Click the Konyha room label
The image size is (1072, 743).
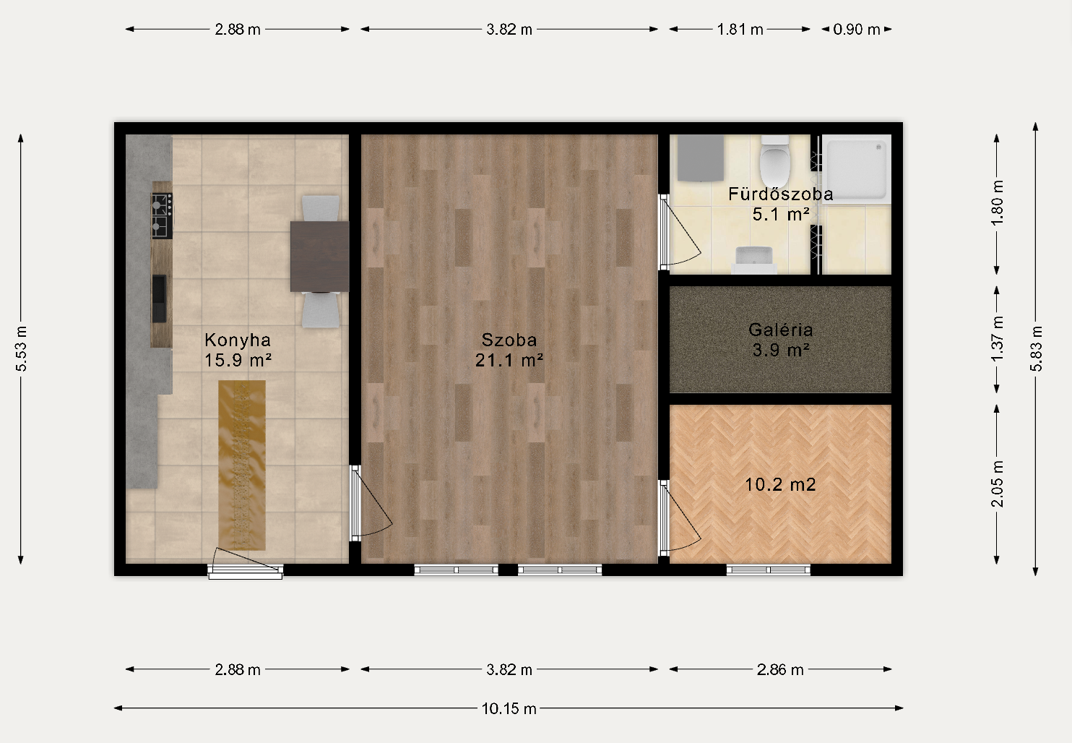click(x=238, y=340)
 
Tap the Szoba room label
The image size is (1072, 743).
click(x=509, y=340)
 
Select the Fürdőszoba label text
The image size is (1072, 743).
click(x=781, y=194)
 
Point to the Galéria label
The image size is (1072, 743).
click(x=781, y=330)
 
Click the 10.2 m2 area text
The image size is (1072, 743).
click(x=781, y=485)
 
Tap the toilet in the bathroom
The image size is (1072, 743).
click(x=775, y=161)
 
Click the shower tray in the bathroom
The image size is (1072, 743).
click(x=856, y=169)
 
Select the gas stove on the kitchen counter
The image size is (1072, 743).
click(x=163, y=215)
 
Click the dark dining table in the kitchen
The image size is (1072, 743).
click(x=320, y=256)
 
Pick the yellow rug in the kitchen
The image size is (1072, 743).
click(x=242, y=465)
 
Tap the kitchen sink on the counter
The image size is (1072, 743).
click(x=160, y=299)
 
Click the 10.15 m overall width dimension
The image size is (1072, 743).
click(x=509, y=708)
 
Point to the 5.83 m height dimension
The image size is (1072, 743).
click(x=1036, y=348)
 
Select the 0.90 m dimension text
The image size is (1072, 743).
click(x=857, y=30)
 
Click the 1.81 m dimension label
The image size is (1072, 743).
click(x=740, y=30)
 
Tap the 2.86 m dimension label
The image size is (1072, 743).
click(x=780, y=670)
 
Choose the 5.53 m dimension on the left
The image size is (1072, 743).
click(x=21, y=348)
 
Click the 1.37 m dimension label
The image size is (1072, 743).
click(x=997, y=340)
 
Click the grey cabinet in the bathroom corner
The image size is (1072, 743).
click(x=701, y=158)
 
